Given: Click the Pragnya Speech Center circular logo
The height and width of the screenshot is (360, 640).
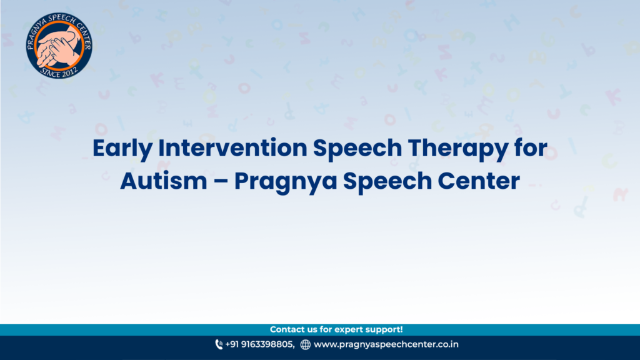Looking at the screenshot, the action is [59, 45].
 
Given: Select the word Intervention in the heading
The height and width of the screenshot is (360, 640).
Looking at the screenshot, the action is [232, 147].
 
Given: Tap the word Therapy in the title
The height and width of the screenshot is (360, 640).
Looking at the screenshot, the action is [458, 149].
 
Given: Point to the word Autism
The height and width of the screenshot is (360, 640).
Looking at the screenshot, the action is [164, 181].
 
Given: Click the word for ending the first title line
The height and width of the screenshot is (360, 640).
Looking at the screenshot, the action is [531, 147].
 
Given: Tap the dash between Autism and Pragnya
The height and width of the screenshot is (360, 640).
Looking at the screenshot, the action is [221, 182].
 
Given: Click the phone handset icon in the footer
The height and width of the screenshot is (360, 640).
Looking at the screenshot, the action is [219, 345].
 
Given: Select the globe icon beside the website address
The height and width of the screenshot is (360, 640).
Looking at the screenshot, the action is [305, 345].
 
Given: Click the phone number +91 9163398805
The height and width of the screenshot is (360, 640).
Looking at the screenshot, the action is [259, 344].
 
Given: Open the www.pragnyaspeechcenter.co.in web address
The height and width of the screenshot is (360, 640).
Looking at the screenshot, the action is [386, 344].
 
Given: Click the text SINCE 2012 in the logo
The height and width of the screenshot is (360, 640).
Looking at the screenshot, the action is [59, 72].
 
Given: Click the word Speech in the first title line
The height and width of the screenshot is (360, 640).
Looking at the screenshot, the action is [357, 149].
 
